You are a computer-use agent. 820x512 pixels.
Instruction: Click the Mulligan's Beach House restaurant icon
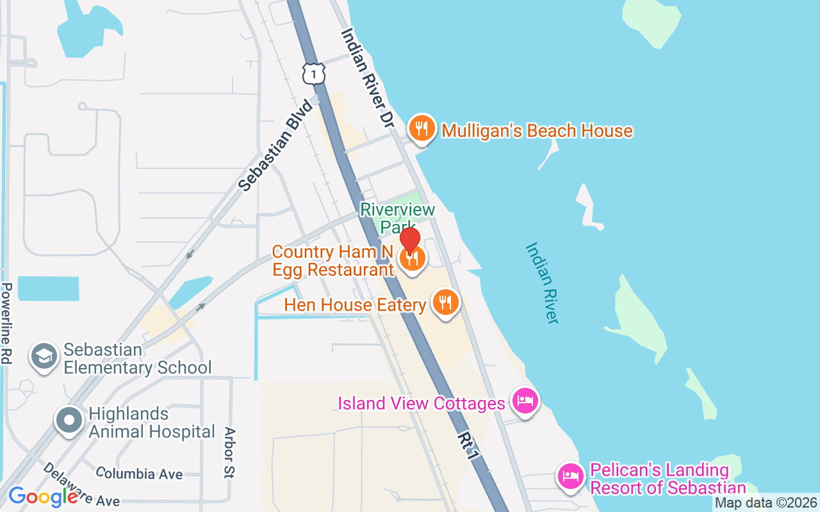(x=422, y=129)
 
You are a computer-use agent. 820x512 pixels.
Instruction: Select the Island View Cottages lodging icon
(x=525, y=402)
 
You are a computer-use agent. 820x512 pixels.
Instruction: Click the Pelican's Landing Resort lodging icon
(x=570, y=476)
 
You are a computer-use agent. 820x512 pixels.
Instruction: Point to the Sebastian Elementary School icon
(x=44, y=357)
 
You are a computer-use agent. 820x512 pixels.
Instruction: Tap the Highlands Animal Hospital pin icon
(x=69, y=420)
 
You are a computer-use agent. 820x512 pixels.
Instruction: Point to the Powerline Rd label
(x=7, y=323)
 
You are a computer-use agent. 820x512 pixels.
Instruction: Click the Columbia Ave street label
(x=139, y=474)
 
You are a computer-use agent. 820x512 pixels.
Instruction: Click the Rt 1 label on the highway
(x=468, y=445)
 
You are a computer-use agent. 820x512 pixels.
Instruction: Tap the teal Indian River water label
(x=542, y=282)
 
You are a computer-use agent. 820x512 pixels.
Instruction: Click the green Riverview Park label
(x=397, y=218)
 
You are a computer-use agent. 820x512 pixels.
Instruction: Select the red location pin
(x=410, y=240)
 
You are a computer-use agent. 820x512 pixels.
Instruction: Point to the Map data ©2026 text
(x=766, y=503)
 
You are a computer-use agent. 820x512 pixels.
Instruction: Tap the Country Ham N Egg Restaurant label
(x=333, y=260)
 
